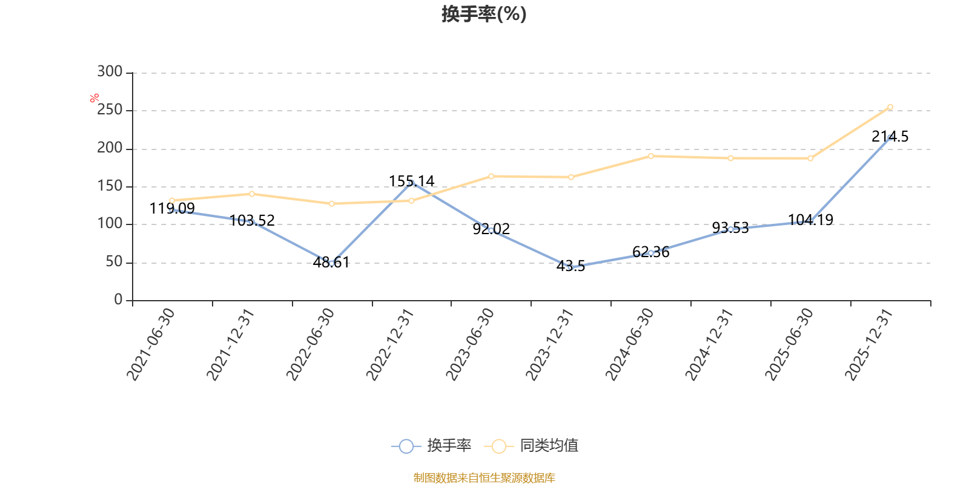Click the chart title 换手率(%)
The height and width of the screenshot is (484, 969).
(484, 14)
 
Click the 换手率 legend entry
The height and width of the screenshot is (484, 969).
(432, 446)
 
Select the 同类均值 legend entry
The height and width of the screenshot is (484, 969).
(532, 446)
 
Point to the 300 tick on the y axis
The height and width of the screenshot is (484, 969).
(110, 72)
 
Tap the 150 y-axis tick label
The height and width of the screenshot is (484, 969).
(110, 186)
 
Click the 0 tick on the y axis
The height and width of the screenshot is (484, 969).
(118, 299)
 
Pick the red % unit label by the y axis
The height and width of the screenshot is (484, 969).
(94, 98)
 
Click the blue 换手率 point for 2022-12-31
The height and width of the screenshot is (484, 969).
(411, 183)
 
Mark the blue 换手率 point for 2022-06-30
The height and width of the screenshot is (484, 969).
(331, 263)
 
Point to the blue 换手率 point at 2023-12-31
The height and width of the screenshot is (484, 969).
(570, 267)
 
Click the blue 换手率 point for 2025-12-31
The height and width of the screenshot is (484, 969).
(890, 138)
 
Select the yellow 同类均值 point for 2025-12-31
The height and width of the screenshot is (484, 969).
(890, 107)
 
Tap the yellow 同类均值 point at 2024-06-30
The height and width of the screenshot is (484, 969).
(650, 156)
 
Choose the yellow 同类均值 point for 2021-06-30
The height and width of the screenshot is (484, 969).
(172, 200)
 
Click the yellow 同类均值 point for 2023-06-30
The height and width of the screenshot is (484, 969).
(491, 176)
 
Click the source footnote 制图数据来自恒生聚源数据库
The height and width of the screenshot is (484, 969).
(484, 478)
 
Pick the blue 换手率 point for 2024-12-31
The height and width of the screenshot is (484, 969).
(730, 229)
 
